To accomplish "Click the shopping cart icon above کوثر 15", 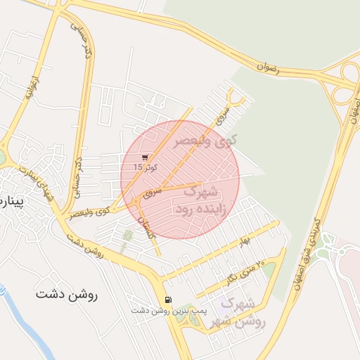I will point(145,157).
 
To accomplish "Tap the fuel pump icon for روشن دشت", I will point(167,300).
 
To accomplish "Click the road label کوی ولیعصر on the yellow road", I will point(90,211).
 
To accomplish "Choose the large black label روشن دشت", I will point(67,295).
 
